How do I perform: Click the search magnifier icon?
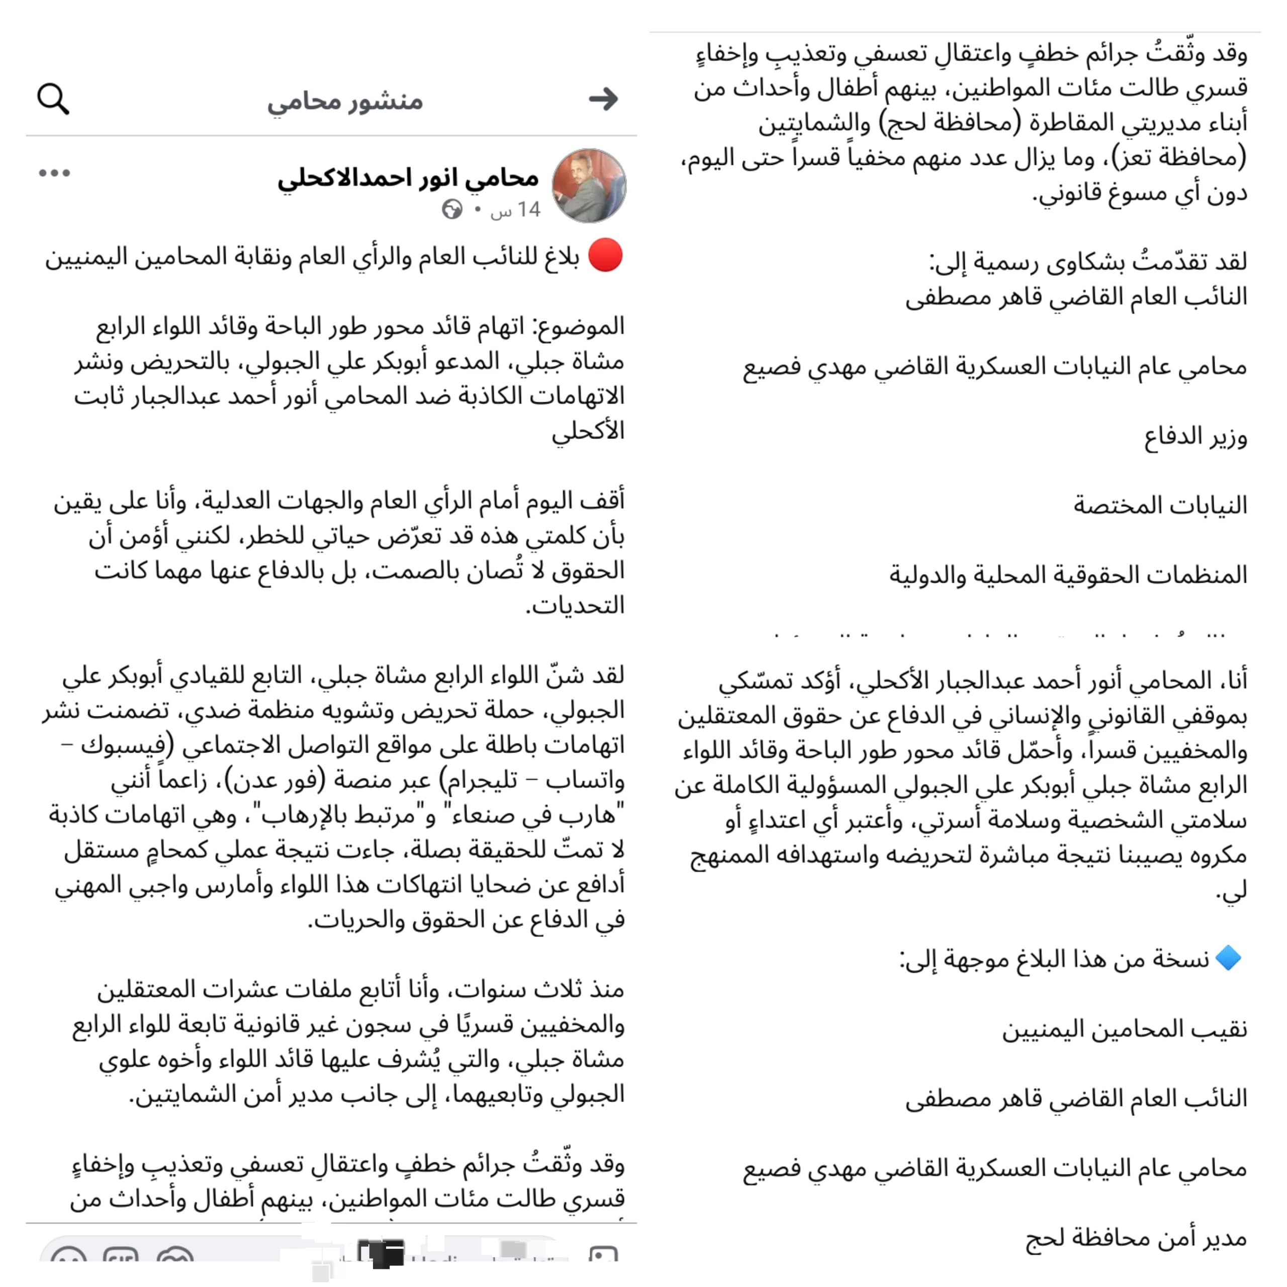tap(53, 99)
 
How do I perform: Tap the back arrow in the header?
tap(603, 99)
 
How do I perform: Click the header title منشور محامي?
tap(345, 101)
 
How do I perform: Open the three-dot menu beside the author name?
tap(54, 173)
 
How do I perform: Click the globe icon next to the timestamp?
tap(451, 209)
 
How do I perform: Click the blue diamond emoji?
tap(1228, 959)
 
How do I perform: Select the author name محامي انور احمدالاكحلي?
tap(408, 178)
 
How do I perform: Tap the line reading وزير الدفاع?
tap(1195, 438)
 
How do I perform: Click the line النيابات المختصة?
tap(1160, 506)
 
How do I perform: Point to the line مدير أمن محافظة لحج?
tap(1136, 1238)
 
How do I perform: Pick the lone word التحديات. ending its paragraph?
tap(576, 605)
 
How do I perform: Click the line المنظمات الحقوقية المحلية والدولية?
tap(1068, 575)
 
